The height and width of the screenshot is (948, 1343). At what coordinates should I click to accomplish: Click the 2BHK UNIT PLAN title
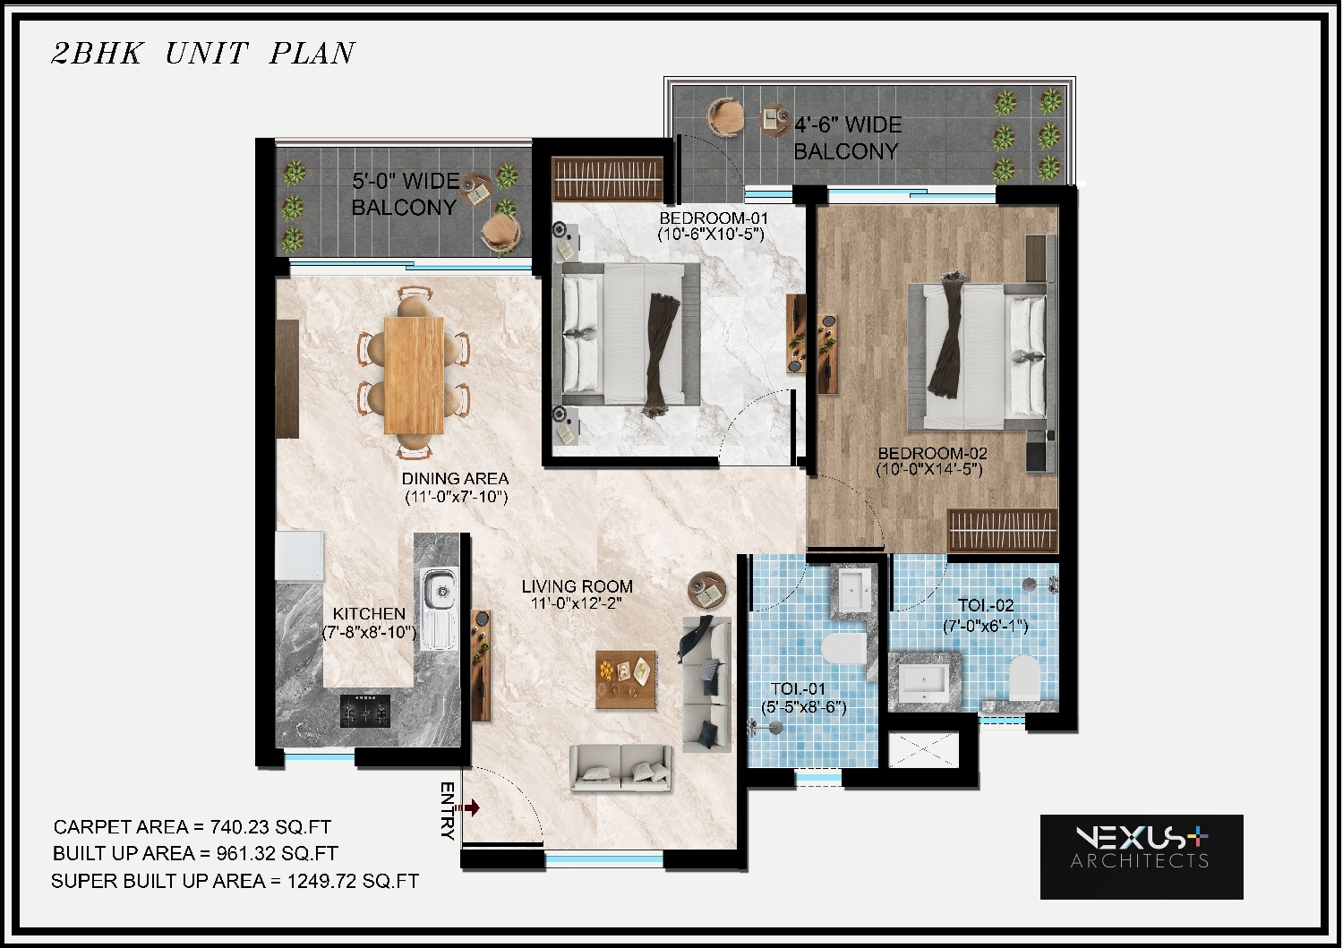pyautogui.click(x=203, y=54)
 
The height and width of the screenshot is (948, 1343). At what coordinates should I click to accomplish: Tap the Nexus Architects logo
pyautogui.click(x=1142, y=857)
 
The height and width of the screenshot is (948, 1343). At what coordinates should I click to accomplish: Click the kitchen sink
pyautogui.click(x=439, y=609)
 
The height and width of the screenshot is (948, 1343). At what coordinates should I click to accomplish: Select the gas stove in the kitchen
pyautogui.click(x=365, y=711)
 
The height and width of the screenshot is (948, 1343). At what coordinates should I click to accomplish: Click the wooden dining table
pyautogui.click(x=414, y=375)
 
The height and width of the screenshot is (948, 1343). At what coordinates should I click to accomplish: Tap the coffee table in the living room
pyautogui.click(x=626, y=680)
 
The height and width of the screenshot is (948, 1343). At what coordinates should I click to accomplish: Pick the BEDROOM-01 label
pyautogui.click(x=713, y=218)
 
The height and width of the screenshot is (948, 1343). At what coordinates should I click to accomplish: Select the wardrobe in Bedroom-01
pyautogui.click(x=607, y=179)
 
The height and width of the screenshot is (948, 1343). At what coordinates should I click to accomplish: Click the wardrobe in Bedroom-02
pyautogui.click(x=1003, y=531)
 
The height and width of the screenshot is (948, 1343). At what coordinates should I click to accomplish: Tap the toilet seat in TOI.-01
pyautogui.click(x=843, y=649)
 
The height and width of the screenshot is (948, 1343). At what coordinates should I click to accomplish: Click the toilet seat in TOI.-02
pyautogui.click(x=1024, y=678)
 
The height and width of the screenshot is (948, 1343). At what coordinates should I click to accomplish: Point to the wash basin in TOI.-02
pyautogui.click(x=925, y=682)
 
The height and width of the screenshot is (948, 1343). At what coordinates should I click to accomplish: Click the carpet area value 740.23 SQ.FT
pyautogui.click(x=270, y=827)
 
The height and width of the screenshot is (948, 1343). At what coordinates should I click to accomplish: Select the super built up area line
pyautogui.click(x=235, y=882)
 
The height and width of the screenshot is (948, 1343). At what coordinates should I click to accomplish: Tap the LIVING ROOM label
pyautogui.click(x=577, y=586)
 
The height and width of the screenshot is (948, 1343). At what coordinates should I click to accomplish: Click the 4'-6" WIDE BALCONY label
pyautogui.click(x=848, y=138)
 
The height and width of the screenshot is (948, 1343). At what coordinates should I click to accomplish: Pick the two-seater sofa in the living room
pyautogui.click(x=620, y=768)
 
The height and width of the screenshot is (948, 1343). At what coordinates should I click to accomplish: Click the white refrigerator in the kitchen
pyautogui.click(x=299, y=556)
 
